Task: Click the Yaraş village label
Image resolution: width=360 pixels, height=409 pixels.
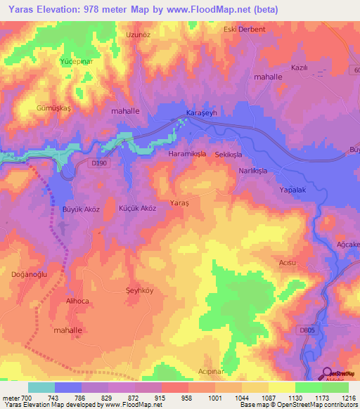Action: click(180, 202)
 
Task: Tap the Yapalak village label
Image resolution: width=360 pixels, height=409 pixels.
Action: click(295, 190)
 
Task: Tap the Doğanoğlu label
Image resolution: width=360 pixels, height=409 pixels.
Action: click(28, 275)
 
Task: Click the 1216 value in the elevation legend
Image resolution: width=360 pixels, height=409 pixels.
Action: click(347, 397)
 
